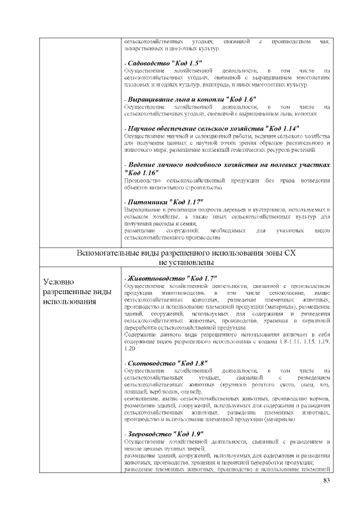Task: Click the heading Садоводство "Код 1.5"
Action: [163, 62]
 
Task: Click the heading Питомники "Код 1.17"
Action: [164, 201]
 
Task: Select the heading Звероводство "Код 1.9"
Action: [164, 434]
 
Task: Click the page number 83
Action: [326, 480]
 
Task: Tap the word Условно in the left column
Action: [59, 282]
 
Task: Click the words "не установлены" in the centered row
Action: [186, 263]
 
